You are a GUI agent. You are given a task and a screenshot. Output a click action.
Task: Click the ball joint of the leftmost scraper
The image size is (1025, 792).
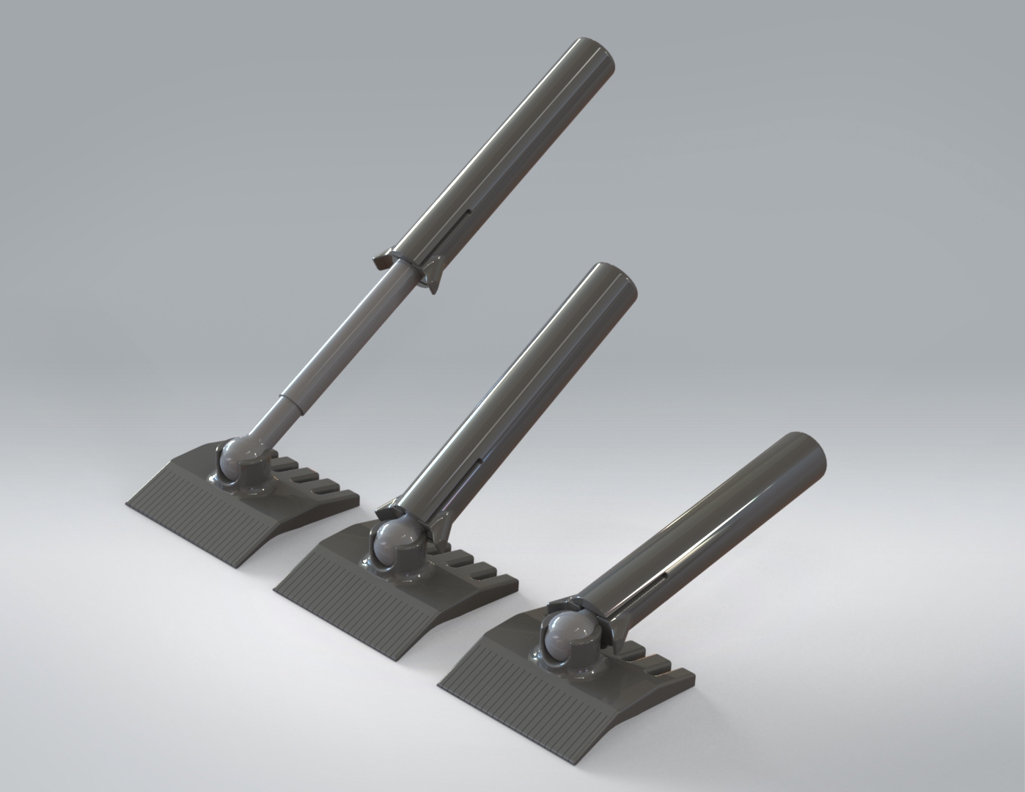tap(238, 459)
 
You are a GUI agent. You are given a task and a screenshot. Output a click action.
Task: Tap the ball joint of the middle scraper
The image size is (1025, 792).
tap(398, 543)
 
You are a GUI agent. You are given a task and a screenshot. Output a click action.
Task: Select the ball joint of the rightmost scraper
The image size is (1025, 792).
tap(569, 633)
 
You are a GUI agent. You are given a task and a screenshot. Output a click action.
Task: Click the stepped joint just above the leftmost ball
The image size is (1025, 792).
tap(292, 406)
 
